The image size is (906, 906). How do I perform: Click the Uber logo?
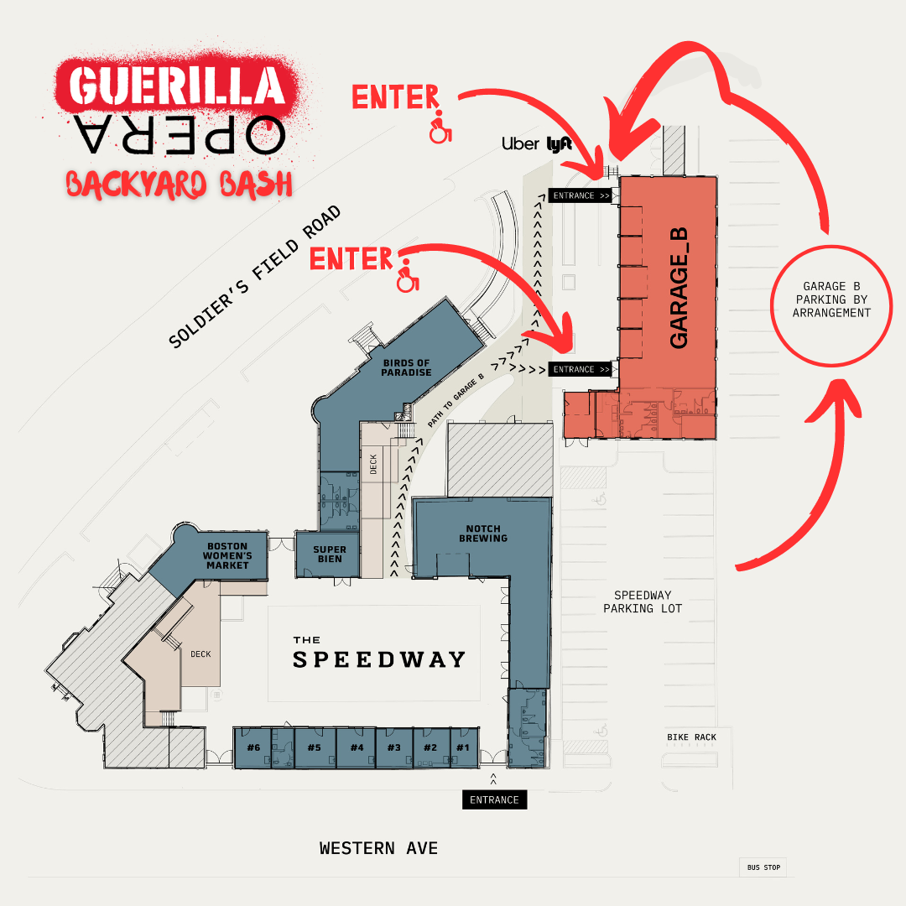point(520,143)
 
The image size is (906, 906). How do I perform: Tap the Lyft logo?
point(559,143)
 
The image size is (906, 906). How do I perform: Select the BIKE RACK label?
point(692,737)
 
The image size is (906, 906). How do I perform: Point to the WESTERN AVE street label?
point(378,848)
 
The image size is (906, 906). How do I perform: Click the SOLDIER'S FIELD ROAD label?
point(255,277)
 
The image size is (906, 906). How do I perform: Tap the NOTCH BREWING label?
point(483,533)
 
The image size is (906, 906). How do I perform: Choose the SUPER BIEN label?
point(330,555)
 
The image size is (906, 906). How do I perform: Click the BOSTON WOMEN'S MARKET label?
point(228,555)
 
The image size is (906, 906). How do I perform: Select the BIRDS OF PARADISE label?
point(407,367)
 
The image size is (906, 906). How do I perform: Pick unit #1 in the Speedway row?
point(462,747)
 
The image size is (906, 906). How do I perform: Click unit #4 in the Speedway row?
point(357,747)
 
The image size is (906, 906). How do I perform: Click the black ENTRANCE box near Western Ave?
point(494,799)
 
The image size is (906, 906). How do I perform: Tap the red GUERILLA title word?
point(175,86)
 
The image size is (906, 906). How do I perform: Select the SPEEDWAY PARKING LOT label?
point(643,601)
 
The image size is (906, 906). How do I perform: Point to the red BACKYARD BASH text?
point(179,183)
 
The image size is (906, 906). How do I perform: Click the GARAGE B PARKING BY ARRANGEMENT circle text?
point(832,299)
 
